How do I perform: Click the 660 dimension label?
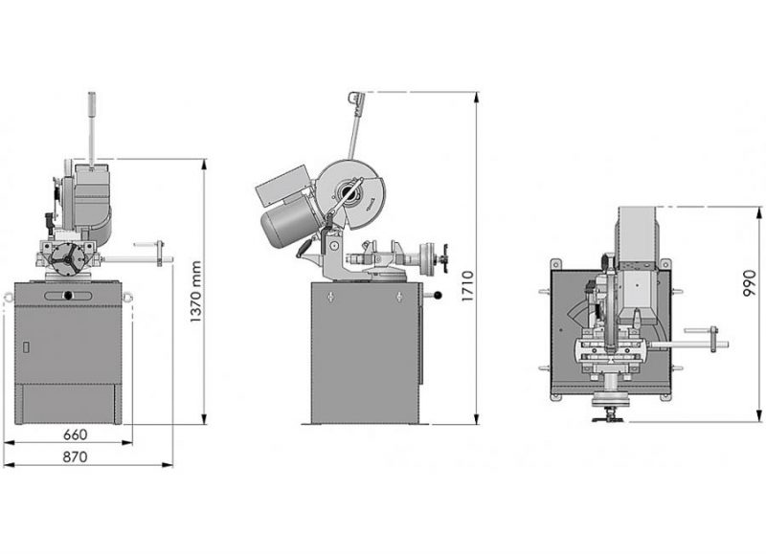[x=76, y=433]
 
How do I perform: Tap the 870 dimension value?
[x=76, y=456]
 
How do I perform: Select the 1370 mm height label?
[x=196, y=292]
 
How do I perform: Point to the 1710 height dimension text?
[x=467, y=286]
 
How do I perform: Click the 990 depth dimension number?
[x=749, y=283]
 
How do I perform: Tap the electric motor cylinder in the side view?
[x=289, y=225]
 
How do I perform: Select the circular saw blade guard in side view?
[x=350, y=193]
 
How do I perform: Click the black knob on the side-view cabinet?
[x=438, y=295]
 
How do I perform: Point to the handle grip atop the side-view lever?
[x=356, y=100]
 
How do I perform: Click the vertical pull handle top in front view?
[x=92, y=104]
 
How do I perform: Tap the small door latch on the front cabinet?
[x=26, y=347]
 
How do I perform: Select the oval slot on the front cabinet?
[x=68, y=296]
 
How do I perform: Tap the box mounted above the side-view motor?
[x=284, y=185]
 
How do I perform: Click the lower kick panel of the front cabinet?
[x=68, y=404]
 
